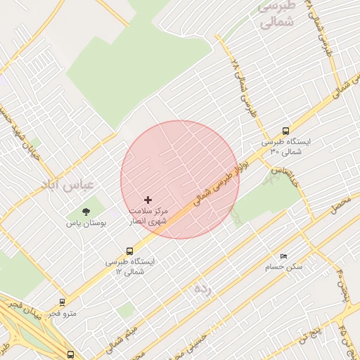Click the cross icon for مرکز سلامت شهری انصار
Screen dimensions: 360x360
148,200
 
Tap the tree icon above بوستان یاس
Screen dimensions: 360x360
86,212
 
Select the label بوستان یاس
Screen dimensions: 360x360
86,223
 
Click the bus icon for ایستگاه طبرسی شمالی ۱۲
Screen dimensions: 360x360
129,251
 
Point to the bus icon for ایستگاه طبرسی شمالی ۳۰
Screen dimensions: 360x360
285,131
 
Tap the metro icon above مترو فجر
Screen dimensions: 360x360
63,302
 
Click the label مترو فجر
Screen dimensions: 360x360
63,313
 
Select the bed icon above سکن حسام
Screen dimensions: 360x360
283,256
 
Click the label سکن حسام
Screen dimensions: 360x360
283,267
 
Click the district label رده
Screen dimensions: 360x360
202,288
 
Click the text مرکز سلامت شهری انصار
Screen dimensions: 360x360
148,215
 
